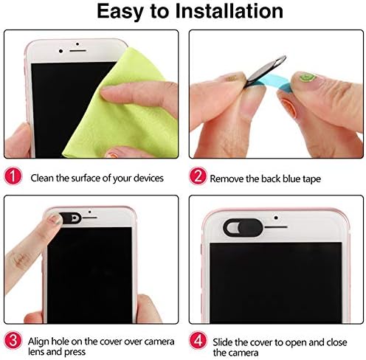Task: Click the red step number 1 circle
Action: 13,176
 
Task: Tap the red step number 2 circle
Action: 198,176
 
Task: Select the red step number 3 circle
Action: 13,341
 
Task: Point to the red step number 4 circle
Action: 198,340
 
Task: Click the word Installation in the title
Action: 229,11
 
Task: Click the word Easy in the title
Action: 120,12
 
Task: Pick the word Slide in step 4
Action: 222,342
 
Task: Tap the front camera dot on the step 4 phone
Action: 276,218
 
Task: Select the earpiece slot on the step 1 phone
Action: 77,51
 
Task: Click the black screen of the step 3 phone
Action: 89,274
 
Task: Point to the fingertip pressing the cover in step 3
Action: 55,219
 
